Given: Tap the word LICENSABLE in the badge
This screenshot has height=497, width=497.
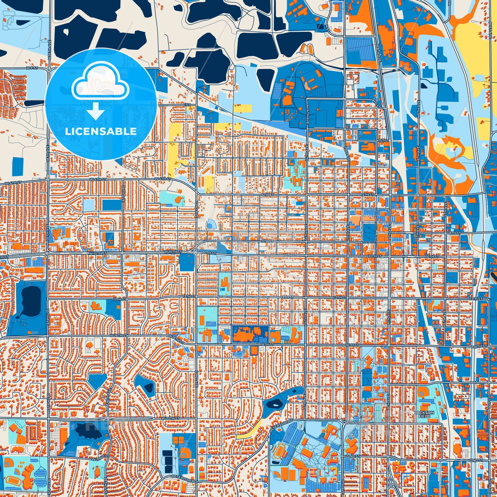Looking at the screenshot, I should [101, 132].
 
